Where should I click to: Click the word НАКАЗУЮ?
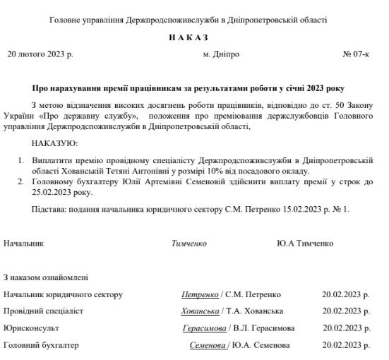click(x=55, y=144)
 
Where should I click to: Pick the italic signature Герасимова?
click(x=204, y=328)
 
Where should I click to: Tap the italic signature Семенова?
click(x=208, y=345)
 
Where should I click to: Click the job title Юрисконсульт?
click(x=31, y=328)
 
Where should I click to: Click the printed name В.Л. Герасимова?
click(x=264, y=328)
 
